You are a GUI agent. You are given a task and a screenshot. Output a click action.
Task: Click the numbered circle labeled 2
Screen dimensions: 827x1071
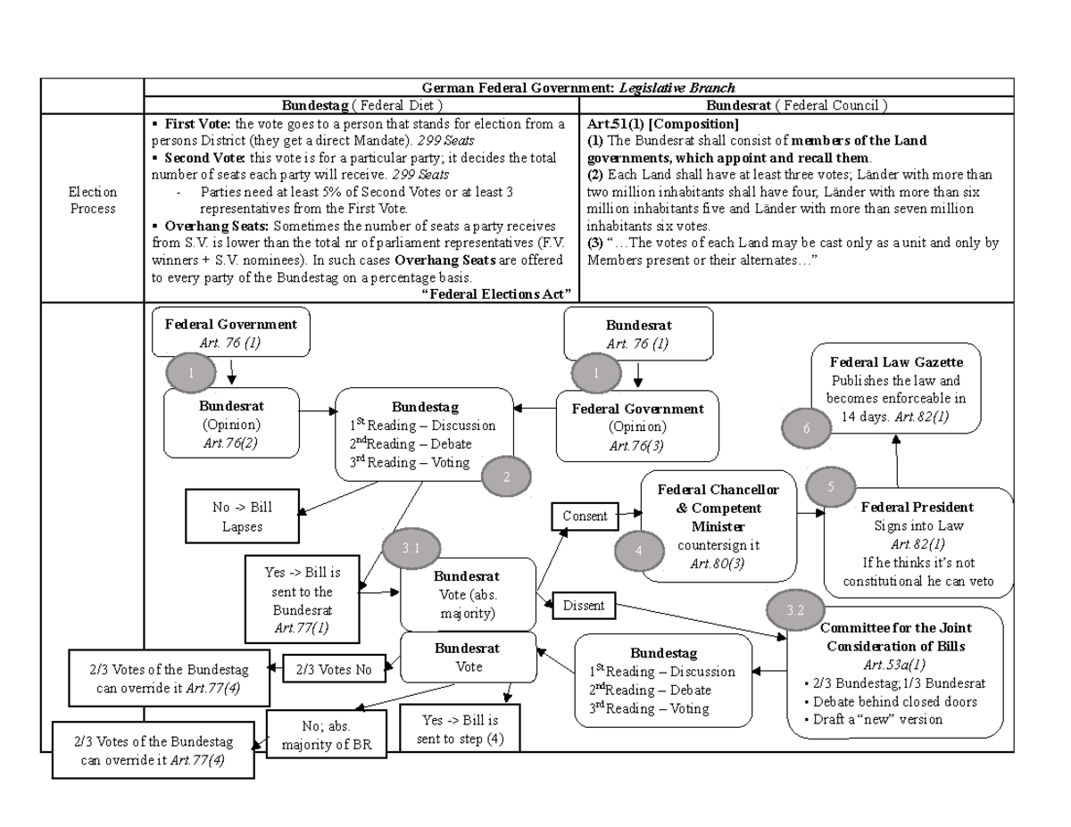[506, 476]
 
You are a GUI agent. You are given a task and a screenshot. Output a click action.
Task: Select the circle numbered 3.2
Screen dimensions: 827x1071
[796, 611]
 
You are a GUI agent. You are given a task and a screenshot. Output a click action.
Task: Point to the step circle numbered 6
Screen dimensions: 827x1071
[807, 428]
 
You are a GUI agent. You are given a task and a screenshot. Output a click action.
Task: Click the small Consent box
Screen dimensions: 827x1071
[585, 515]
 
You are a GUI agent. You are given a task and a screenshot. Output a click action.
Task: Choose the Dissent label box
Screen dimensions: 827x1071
[583, 606]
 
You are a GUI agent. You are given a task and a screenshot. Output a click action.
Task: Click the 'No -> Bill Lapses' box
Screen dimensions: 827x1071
[241, 517]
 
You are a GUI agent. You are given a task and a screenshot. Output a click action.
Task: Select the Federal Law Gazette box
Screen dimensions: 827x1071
[895, 390]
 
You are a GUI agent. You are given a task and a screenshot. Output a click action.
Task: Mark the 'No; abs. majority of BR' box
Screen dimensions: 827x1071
[326, 734]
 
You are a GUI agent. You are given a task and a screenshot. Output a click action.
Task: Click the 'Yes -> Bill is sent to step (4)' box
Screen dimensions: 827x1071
[460, 729]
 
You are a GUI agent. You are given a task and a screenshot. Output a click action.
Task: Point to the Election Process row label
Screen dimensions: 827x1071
[94, 200]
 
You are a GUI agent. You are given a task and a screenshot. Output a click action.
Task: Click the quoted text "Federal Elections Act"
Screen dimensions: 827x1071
[498, 294]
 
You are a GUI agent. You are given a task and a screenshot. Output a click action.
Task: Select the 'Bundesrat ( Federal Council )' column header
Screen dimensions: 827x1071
[797, 104]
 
